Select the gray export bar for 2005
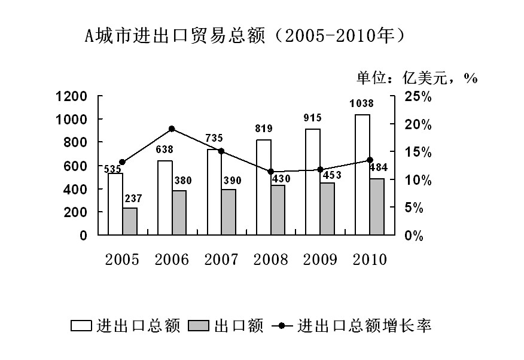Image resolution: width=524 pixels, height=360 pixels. click(130, 221)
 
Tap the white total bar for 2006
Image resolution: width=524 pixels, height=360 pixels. click(164, 197)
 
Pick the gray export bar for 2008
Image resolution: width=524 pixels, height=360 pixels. click(278, 210)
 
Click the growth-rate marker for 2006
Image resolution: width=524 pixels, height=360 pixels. click(172, 129)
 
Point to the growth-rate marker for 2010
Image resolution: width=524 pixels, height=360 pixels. click(370, 160)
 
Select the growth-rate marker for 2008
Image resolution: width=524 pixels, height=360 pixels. click(270, 172)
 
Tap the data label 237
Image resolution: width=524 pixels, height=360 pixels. click(133, 198)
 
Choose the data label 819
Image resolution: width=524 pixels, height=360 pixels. click(264, 128)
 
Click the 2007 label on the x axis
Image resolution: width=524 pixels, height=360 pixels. click(221, 260)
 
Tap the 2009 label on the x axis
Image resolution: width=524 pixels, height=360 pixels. click(320, 260)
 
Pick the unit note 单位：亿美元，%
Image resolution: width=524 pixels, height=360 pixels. click(416, 78)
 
